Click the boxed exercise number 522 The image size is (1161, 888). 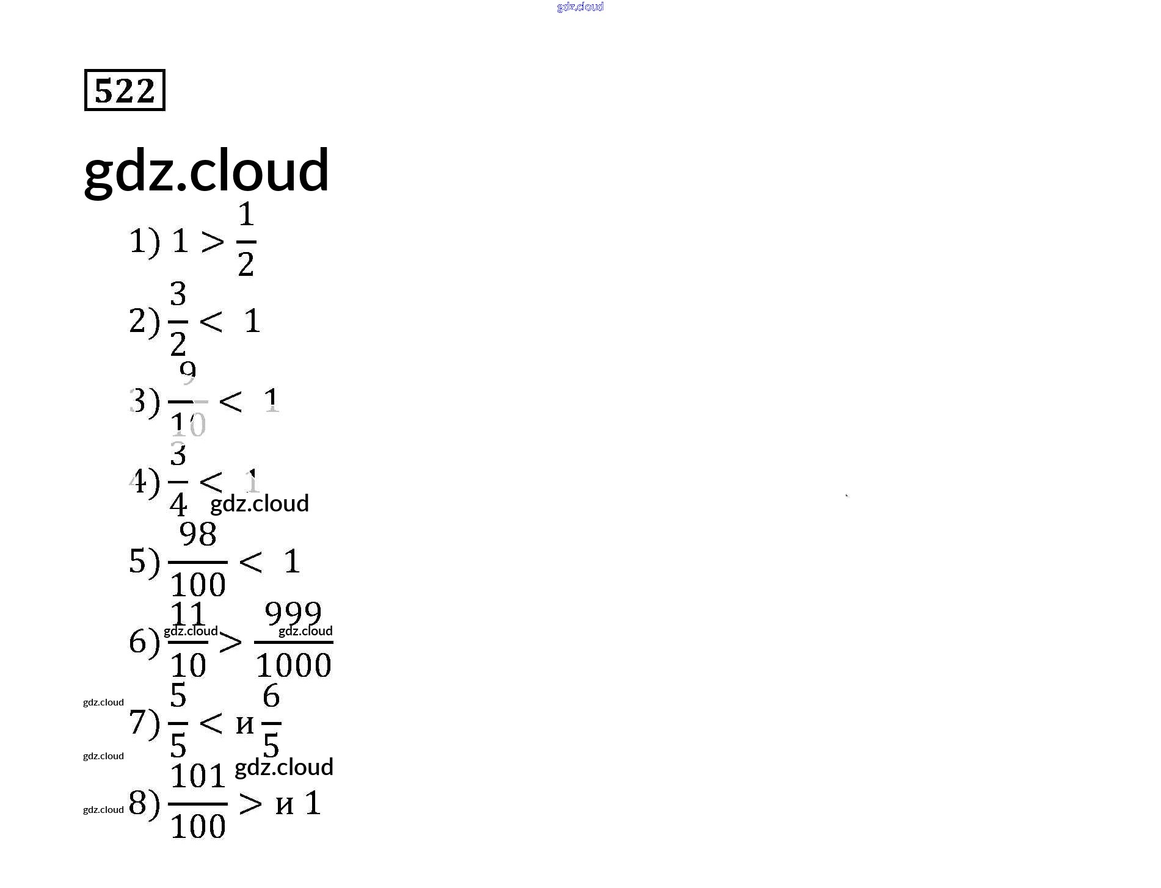pos(125,90)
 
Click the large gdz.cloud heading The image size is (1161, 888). pos(206,170)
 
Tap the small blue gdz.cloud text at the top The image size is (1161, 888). pos(580,7)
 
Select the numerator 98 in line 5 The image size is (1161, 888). pos(198,534)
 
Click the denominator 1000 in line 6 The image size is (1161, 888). pos(294,665)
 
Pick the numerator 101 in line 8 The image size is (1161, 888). pos(198,776)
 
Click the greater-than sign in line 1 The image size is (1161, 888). pos(213,242)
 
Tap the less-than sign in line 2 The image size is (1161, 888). pos(211,321)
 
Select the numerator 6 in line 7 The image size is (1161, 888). pos(271,696)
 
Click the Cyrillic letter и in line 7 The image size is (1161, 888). pos(245,724)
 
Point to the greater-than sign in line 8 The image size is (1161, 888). pos(250,804)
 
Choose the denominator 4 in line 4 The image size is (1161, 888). pos(178,504)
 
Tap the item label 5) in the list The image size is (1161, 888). pos(144,561)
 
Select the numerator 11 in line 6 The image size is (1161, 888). pos(187,613)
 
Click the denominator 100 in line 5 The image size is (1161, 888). pos(198,585)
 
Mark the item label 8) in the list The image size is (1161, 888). pos(144,803)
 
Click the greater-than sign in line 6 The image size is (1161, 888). pos(231,642)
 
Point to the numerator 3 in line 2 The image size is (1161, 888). pos(178,294)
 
